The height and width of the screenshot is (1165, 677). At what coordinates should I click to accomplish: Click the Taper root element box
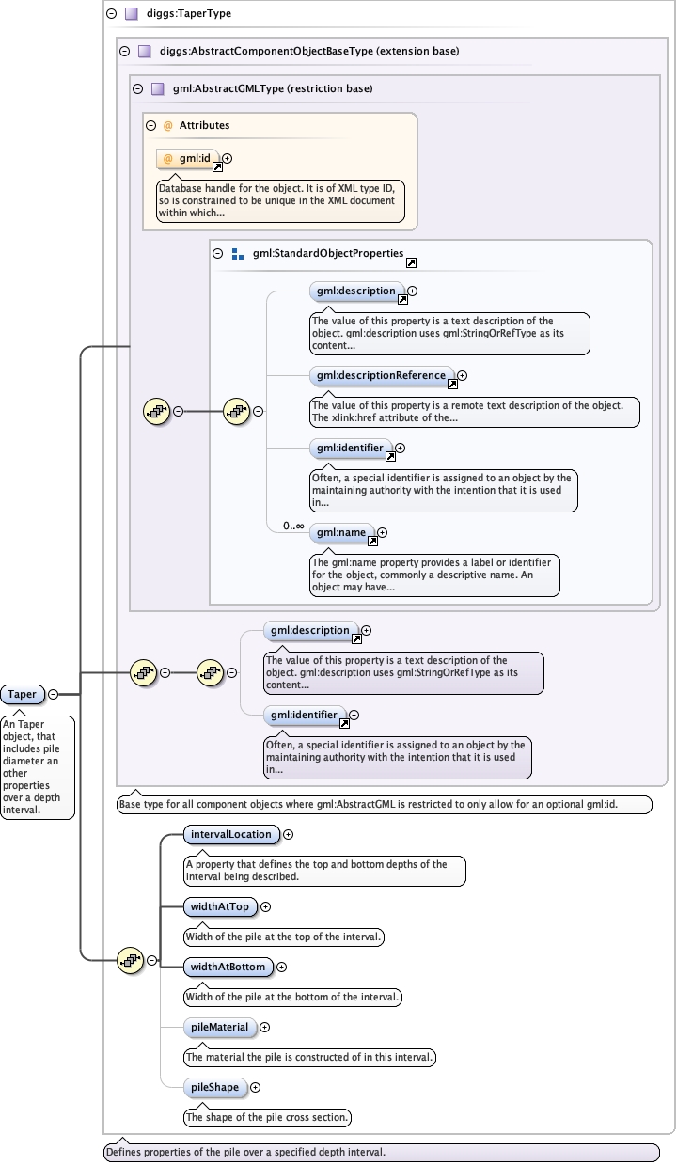pyautogui.click(x=23, y=694)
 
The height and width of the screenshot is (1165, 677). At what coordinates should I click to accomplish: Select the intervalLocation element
pyautogui.click(x=230, y=834)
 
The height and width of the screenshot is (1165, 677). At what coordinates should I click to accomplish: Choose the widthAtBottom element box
pyautogui.click(x=228, y=967)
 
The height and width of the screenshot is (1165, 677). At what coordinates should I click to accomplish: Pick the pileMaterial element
pyautogui.click(x=219, y=1027)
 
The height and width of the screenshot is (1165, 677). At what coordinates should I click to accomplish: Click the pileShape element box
pyautogui.click(x=215, y=1087)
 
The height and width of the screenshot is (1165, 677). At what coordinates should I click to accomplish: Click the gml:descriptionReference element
pyautogui.click(x=381, y=375)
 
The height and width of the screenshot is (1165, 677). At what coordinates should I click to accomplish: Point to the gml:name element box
pyautogui.click(x=340, y=532)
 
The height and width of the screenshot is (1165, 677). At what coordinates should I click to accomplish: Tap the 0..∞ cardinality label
pyautogui.click(x=293, y=526)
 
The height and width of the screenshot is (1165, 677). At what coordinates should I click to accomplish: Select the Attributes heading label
pyautogui.click(x=204, y=124)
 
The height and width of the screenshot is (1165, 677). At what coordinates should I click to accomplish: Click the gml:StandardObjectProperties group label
pyautogui.click(x=328, y=253)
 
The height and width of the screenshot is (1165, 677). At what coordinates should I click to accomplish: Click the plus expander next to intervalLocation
pyautogui.click(x=289, y=834)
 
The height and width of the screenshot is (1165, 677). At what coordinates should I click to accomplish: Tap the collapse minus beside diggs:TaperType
pyautogui.click(x=112, y=14)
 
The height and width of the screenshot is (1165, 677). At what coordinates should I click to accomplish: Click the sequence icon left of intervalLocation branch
pyautogui.click(x=129, y=960)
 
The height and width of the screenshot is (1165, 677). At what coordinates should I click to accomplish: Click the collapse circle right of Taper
pyautogui.click(x=53, y=694)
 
